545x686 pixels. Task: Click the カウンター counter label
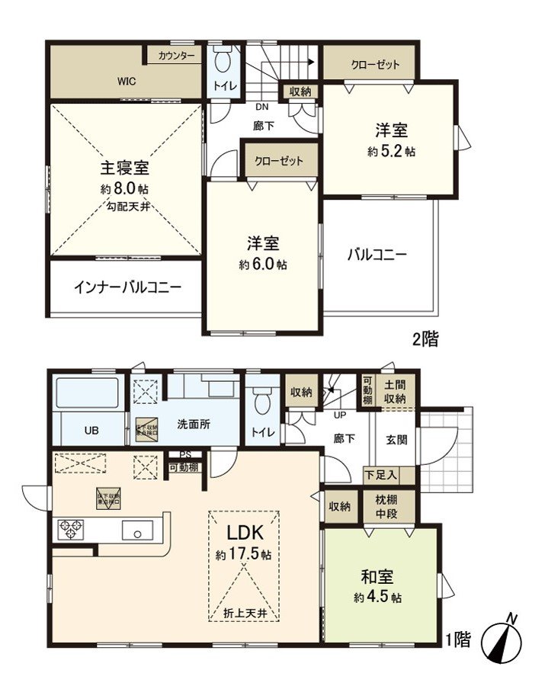pyautogui.click(x=177, y=56)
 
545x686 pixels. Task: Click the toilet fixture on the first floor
pyautogui.click(x=263, y=399)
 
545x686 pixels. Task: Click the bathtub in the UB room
pyautogui.click(x=87, y=394)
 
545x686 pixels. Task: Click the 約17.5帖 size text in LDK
pyautogui.click(x=243, y=555)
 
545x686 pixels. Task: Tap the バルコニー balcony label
pyautogui.click(x=377, y=255)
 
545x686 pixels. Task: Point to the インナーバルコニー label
pyautogui.click(x=127, y=287)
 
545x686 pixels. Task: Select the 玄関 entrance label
pyautogui.click(x=396, y=439)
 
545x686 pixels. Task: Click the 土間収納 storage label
pyautogui.click(x=395, y=392)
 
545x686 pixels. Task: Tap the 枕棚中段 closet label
pyautogui.click(x=395, y=506)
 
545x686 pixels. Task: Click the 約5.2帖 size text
pyautogui.click(x=391, y=151)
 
